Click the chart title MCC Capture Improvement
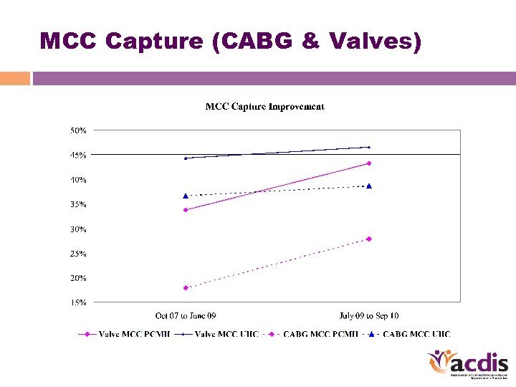(264, 107)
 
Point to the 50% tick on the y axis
(78, 130)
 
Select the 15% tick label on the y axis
(78, 302)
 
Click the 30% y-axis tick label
(78, 229)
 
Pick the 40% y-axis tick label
(78, 180)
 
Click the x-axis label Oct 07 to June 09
(186, 315)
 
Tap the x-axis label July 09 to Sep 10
(368, 315)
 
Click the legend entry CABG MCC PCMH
(319, 334)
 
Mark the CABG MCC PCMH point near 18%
(186, 288)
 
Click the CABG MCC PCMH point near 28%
(369, 239)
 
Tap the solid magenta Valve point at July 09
(369, 163)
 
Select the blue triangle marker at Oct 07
(186, 196)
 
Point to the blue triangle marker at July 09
(369, 186)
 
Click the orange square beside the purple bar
(15, 78)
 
